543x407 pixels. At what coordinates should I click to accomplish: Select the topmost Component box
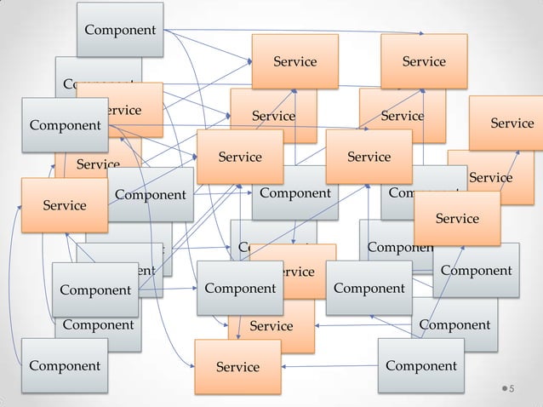119,30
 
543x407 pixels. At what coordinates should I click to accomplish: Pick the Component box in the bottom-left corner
65,366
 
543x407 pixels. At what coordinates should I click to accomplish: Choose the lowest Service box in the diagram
237,367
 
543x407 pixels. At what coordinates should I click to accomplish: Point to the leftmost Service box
65,205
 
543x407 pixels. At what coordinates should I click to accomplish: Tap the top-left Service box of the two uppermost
294,61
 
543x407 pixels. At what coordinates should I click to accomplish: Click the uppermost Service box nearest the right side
424,61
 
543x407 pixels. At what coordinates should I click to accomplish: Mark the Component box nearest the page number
420,366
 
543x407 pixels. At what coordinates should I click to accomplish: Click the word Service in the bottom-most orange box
237,367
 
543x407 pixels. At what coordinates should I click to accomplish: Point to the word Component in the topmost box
120,30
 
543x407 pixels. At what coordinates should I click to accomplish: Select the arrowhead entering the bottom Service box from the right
284,367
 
